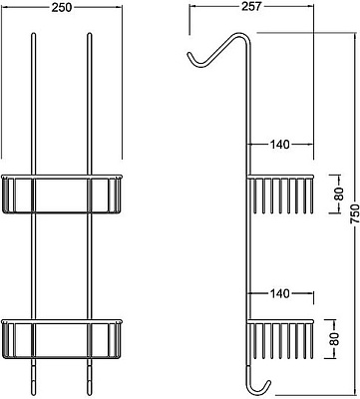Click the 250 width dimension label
(62, 7)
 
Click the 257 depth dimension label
(251, 6)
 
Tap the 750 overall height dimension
(355, 213)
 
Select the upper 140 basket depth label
(279, 145)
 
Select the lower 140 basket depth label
(279, 293)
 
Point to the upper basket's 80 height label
(339, 194)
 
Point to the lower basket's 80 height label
(334, 339)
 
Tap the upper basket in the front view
(62, 194)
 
